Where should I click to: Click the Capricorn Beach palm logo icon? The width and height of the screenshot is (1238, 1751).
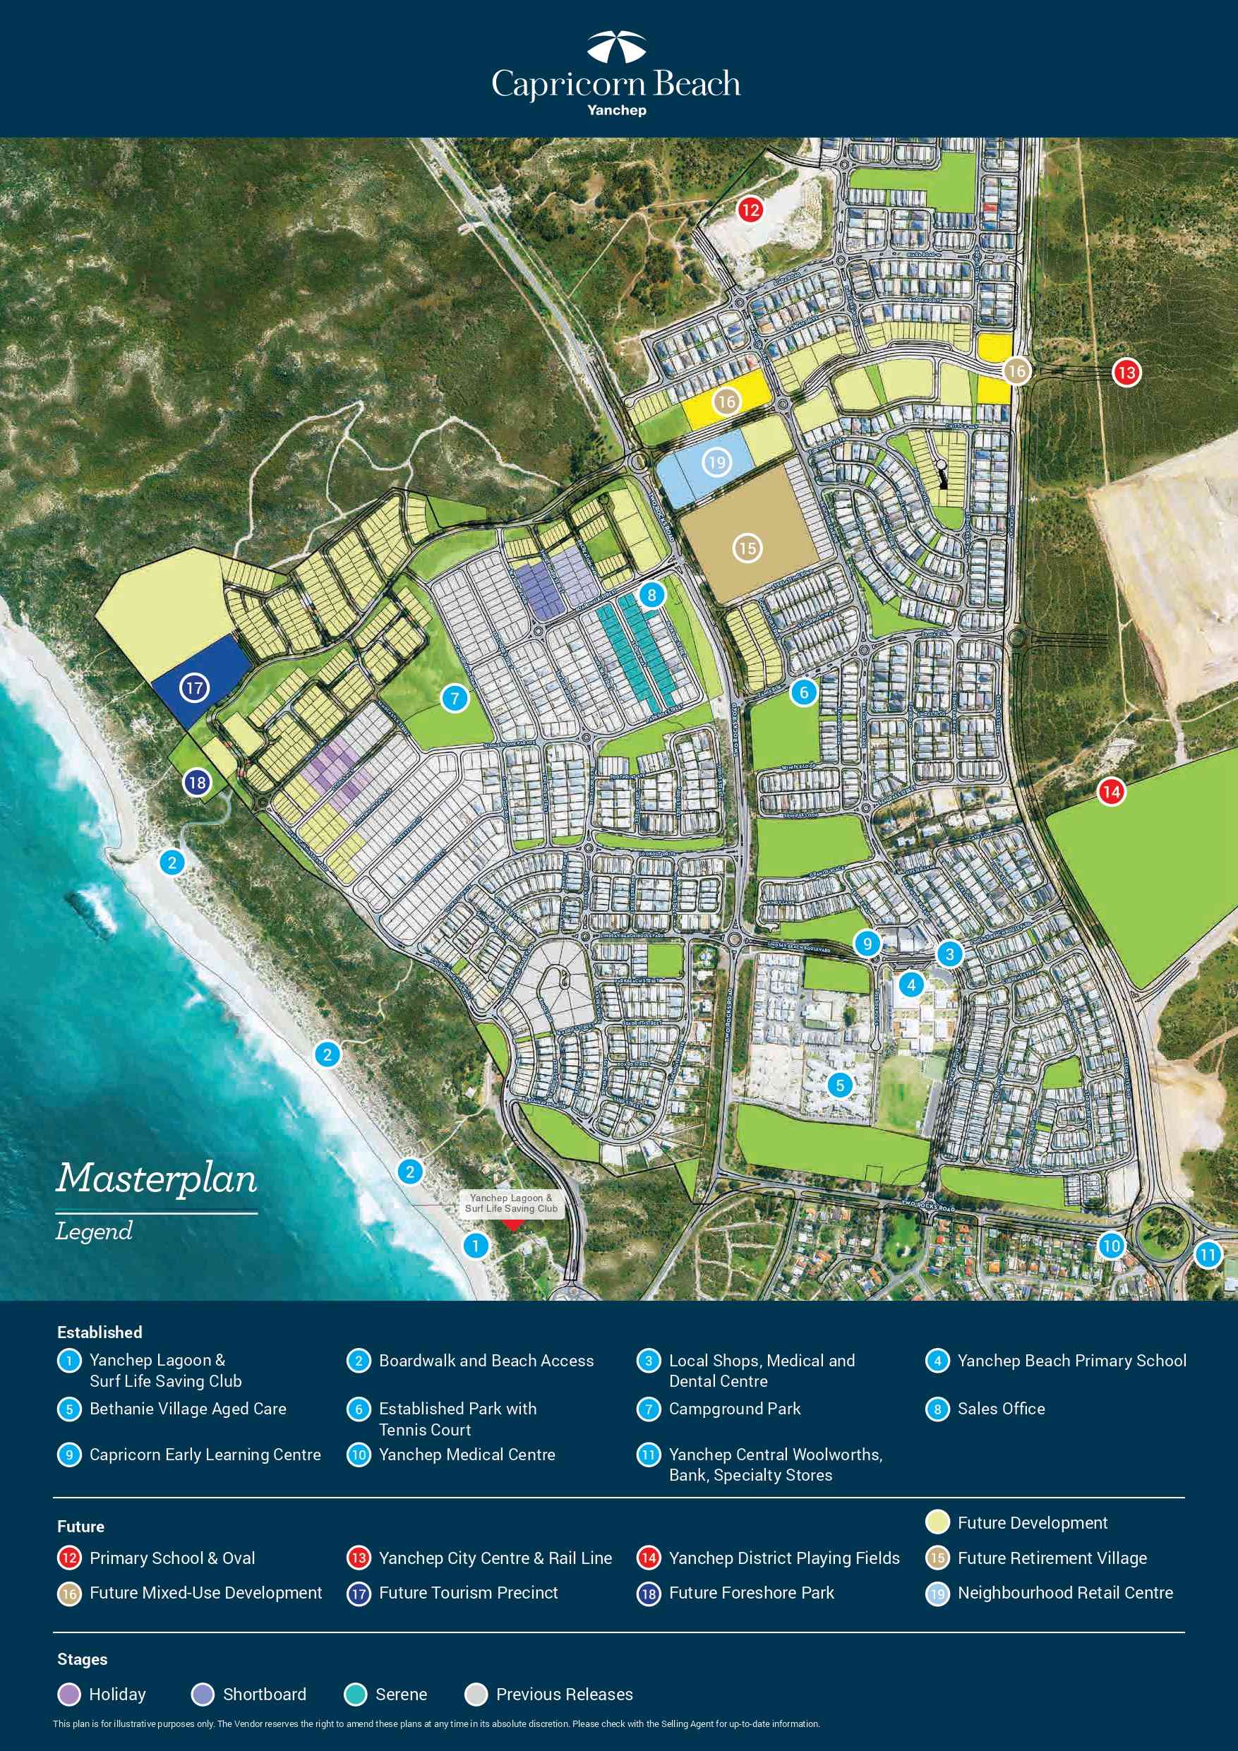point(616,47)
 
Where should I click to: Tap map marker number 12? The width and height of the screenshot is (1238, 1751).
point(750,209)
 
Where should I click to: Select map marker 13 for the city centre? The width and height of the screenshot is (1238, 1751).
point(1126,372)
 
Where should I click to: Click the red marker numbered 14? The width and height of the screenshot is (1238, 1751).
point(1112,791)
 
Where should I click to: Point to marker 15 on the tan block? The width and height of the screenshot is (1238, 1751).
point(747,548)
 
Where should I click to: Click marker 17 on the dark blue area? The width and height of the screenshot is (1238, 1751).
point(195,688)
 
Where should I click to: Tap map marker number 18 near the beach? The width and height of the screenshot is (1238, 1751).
point(197,782)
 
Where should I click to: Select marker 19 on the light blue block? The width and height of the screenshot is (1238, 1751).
point(716,462)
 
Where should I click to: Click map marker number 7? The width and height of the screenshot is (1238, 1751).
point(455,697)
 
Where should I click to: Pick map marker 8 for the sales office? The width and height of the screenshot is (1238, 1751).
point(651,594)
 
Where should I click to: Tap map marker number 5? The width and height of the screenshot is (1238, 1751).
point(840,1085)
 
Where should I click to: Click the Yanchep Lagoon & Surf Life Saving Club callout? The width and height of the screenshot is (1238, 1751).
point(512,1203)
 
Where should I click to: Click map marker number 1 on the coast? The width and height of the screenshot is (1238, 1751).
point(475,1246)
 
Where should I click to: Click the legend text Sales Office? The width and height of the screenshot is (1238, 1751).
point(1001,1409)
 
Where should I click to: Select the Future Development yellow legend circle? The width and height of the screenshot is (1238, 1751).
point(937,1522)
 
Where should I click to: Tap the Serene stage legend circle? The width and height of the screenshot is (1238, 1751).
point(356,1694)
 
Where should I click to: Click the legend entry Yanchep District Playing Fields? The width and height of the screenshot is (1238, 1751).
point(783,1558)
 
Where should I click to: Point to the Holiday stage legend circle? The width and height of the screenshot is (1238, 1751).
point(69,1694)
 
